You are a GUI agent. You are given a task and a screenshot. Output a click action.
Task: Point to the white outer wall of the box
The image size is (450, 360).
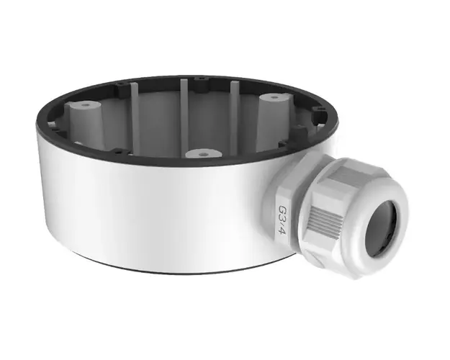coord(144,209)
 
